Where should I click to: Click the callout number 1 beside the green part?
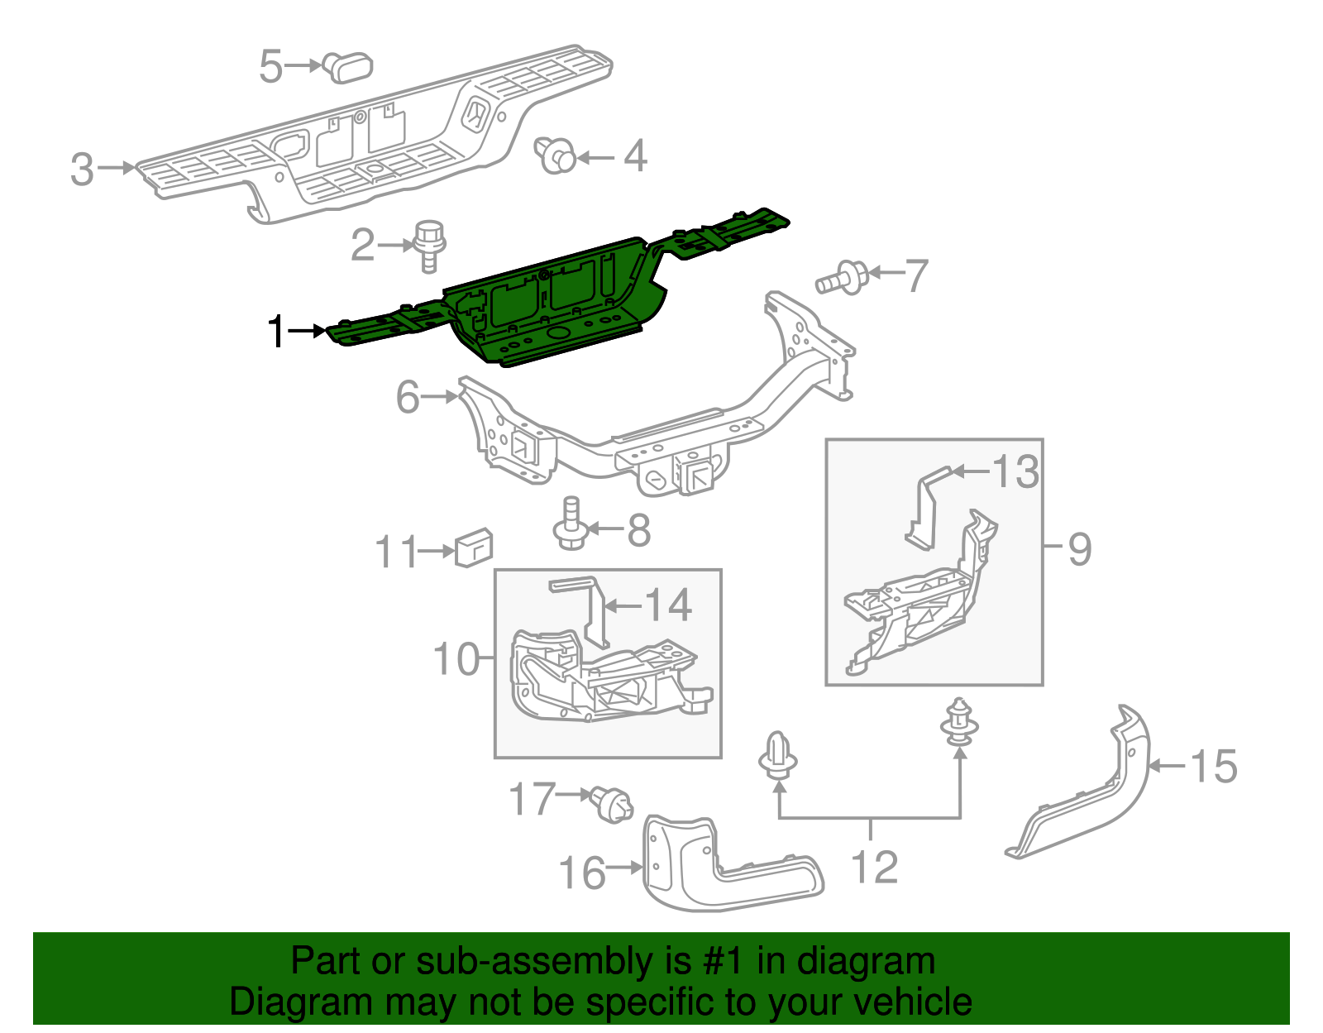(277, 332)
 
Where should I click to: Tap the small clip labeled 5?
(348, 66)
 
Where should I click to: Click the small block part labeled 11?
(474, 548)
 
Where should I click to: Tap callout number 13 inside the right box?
(1015, 472)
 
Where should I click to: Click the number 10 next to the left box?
(456, 659)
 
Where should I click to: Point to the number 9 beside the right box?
(1079, 549)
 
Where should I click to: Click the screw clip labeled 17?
(612, 805)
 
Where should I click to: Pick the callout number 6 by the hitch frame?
(408, 397)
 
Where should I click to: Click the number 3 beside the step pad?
(82, 169)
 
